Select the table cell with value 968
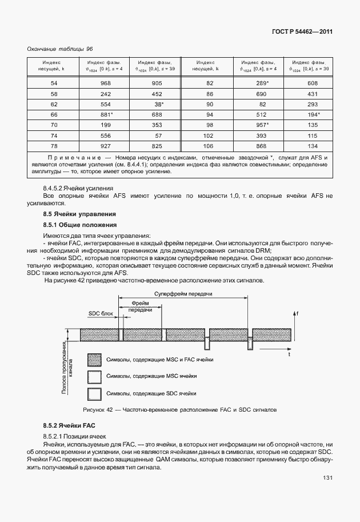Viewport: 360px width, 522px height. (x=105, y=83)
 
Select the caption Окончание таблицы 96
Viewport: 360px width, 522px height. (x=59, y=50)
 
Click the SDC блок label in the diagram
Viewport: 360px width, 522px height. (x=101, y=314)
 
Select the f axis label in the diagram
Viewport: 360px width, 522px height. (x=297, y=313)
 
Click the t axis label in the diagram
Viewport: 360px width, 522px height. (x=289, y=354)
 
